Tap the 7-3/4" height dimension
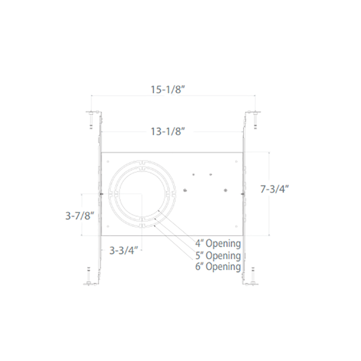(273, 189)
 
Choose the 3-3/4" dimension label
(124, 251)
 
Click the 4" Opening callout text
(218, 243)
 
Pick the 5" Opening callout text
(218, 255)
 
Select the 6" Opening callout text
(218, 267)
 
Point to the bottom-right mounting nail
(253, 276)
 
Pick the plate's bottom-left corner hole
(107, 226)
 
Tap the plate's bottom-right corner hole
(236, 226)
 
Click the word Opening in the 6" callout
(223, 267)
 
